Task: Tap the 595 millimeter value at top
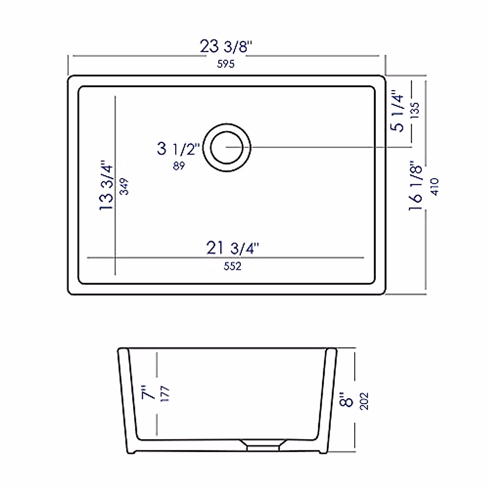226,64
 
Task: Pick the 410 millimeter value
434,187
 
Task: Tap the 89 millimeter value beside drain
178,166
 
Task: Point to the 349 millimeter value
125,186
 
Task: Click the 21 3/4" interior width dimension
233,248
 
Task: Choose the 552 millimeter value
232,266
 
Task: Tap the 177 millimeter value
165,394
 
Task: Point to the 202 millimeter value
364,401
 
